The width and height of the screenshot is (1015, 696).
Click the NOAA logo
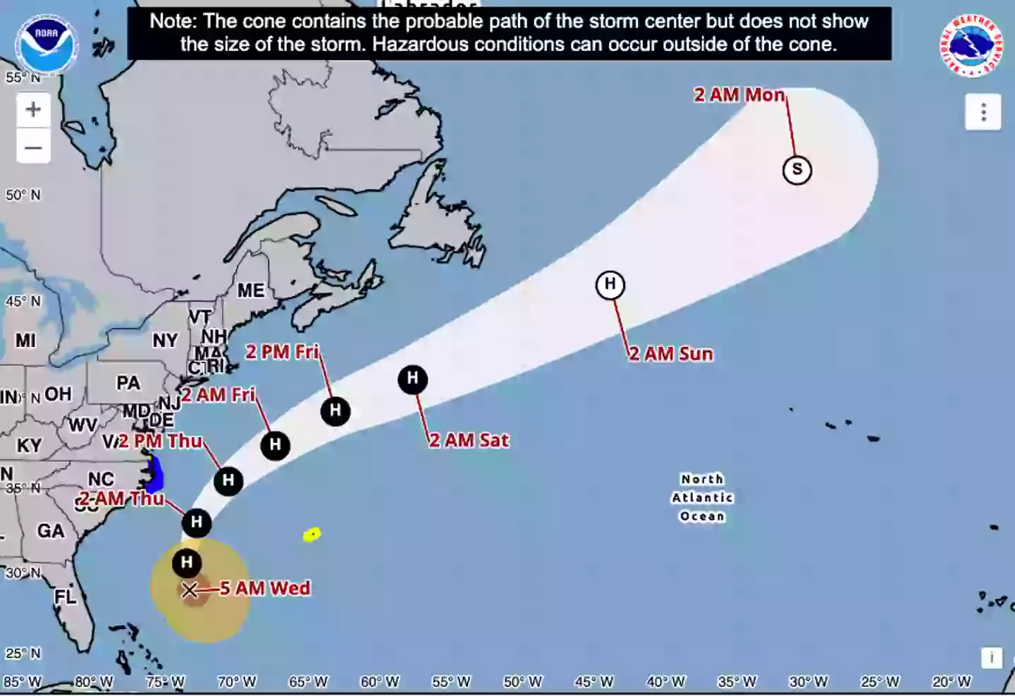coord(46,44)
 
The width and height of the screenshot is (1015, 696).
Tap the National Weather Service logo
coord(971,45)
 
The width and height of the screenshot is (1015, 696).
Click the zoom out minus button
coord(33,148)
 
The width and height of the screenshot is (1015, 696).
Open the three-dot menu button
coord(983,112)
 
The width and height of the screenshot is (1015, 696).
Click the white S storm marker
coord(797,170)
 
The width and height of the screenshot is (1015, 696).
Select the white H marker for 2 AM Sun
coord(610,285)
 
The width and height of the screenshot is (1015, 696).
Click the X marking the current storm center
coord(190,590)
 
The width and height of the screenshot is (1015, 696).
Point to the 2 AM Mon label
coord(739,95)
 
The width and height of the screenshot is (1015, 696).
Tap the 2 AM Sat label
coord(469,441)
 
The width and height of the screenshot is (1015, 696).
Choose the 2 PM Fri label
coord(282,352)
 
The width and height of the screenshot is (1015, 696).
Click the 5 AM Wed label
coord(265,588)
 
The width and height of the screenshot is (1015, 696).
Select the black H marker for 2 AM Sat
coord(413,379)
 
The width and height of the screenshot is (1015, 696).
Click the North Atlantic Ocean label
coord(702,498)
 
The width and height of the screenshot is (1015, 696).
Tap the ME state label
coord(251,291)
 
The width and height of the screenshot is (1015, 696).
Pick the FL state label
coord(65,597)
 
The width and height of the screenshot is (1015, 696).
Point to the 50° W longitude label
coord(522,682)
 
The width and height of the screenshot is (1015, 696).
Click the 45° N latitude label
coord(23,302)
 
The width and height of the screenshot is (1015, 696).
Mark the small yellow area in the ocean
coord(312,535)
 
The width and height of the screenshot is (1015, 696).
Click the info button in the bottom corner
coord(991,657)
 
